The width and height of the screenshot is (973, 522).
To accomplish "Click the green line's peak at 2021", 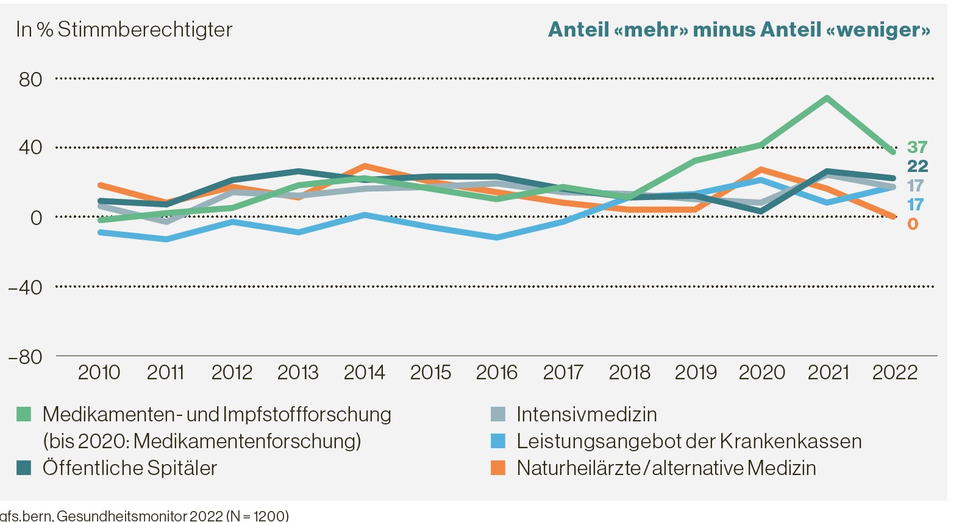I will [x=827, y=98].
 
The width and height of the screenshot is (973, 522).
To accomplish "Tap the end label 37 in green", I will [x=917, y=147].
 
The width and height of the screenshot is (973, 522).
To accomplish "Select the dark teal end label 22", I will [x=917, y=166].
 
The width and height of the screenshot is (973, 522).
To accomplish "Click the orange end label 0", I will [x=913, y=224].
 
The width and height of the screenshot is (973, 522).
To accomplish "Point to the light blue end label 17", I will [x=915, y=204].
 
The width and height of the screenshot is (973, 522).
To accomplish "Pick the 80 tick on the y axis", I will [x=30, y=79].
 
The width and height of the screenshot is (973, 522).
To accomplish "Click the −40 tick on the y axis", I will [x=26, y=287].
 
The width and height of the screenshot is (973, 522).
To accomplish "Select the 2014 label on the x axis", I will [x=364, y=372].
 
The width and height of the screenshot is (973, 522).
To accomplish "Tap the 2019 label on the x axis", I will [x=696, y=372].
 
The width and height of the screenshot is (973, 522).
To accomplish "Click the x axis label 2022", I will [x=894, y=372].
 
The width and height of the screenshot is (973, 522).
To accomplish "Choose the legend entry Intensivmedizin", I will [x=586, y=414].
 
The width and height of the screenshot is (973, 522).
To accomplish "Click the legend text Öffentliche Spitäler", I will [x=130, y=468].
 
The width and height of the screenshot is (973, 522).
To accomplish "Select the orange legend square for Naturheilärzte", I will [x=498, y=468].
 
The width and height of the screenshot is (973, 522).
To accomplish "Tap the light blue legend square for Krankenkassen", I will [x=498, y=441].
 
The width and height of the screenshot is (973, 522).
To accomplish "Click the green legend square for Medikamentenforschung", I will [x=24, y=414].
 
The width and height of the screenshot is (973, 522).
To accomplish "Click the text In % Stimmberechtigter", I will [x=124, y=29].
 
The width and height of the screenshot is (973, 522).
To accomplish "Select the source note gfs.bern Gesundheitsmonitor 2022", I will [x=144, y=515].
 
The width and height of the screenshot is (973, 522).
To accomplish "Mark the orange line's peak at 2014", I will [x=364, y=165].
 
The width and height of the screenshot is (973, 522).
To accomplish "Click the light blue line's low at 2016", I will [x=497, y=237].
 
